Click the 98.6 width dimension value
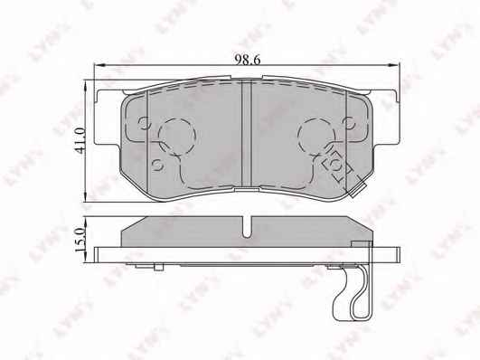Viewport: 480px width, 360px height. [x=248, y=59]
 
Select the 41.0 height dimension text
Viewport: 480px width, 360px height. [x=79, y=140]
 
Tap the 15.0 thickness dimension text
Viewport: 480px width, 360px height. [x=79, y=240]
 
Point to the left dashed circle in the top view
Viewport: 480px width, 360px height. [x=177, y=136]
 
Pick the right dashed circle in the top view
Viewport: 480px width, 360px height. [x=316, y=136]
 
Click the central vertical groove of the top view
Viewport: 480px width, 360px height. [x=247, y=134]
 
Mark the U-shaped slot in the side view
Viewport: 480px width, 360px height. [x=247, y=227]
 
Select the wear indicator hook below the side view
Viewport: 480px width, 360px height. [x=352, y=292]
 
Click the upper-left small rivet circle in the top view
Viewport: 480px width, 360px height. [x=144, y=123]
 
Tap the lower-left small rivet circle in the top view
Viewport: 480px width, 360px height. [x=158, y=166]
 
